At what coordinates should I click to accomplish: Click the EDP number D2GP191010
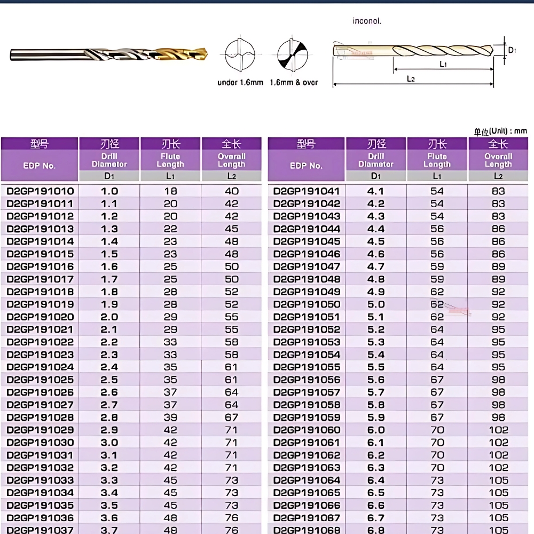point(40,191)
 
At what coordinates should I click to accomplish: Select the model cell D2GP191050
point(307,304)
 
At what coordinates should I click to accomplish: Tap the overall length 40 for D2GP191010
point(232,191)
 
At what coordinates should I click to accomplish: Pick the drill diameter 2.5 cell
point(109,380)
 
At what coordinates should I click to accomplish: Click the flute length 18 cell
point(170,191)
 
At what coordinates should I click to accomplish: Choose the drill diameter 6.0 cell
point(376,430)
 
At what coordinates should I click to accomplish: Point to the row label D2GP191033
point(40,480)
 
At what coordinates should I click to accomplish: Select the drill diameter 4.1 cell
point(376,191)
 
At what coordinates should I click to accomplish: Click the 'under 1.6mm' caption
point(240,83)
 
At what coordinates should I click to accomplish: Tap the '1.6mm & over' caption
point(294,83)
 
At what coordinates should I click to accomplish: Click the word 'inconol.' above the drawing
point(367,21)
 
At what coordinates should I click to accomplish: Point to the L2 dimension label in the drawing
point(411,79)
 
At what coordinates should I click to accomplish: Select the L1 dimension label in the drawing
point(443,64)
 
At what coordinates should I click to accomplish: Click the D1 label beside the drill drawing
point(512,50)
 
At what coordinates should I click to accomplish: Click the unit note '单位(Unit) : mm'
point(500,131)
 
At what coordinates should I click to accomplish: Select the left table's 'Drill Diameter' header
point(109,160)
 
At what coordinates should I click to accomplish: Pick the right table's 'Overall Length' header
point(498,160)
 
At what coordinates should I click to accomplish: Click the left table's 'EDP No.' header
point(40,166)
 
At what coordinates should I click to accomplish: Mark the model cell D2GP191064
point(307,480)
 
